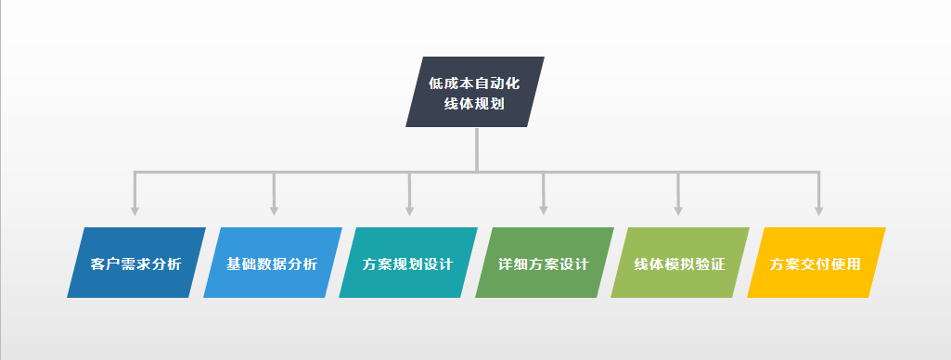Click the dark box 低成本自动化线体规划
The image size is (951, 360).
(x=475, y=92)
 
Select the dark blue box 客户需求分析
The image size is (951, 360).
(x=136, y=263)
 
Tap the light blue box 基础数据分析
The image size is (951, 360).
(x=272, y=263)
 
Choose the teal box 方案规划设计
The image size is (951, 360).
(x=408, y=263)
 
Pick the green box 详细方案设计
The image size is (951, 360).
(x=545, y=263)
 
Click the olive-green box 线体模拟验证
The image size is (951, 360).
(x=680, y=263)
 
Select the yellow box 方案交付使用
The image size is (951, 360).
(x=816, y=263)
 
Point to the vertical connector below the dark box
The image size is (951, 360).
(x=476, y=148)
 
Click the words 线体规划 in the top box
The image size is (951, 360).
(x=474, y=104)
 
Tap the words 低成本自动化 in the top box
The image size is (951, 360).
(x=474, y=83)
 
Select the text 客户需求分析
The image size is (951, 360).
(x=136, y=264)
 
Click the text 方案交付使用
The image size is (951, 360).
(x=816, y=264)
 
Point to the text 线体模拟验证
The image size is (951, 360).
(x=679, y=264)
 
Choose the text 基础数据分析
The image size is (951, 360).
(x=272, y=264)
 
